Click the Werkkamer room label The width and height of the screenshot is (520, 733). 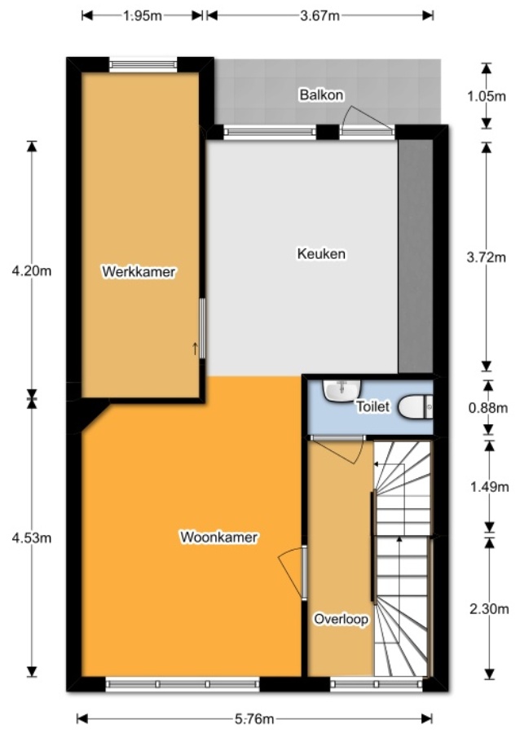coord(138,272)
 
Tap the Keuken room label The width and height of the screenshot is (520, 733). coord(320,254)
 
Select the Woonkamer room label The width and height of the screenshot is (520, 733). coord(219,538)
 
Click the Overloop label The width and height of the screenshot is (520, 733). coord(341,620)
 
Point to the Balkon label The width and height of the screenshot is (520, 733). coord(321,95)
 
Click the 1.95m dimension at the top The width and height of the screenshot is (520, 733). coord(142,15)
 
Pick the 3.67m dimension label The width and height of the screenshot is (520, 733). coord(319,15)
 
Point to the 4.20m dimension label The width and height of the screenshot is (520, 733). coord(32,270)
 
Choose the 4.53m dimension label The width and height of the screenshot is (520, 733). coord(32,538)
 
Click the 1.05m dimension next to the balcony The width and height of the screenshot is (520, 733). coord(487,95)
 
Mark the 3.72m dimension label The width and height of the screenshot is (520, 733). coord(487,257)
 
